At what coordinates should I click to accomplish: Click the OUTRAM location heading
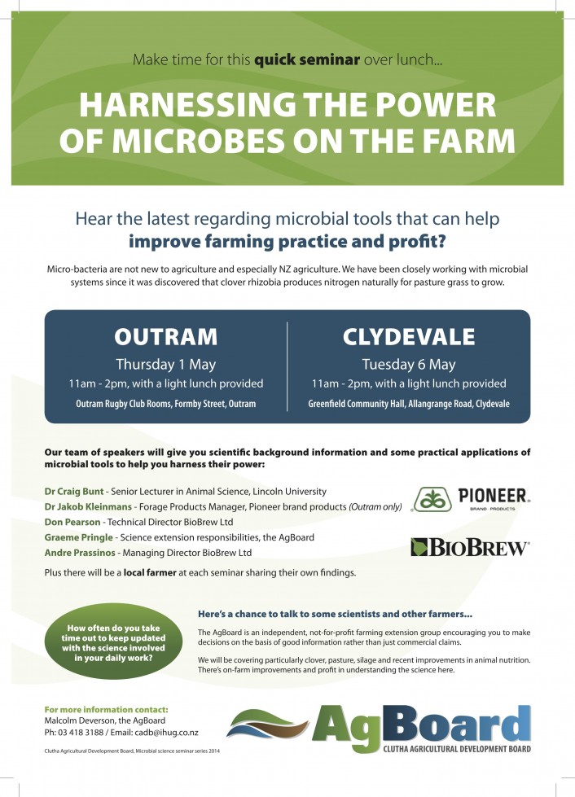click(x=165, y=337)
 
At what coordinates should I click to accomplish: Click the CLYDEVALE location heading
click(x=409, y=337)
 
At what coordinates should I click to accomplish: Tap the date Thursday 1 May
click(x=165, y=365)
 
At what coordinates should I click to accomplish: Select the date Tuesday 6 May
click(x=409, y=365)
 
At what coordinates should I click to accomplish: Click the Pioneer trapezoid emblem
click(x=432, y=499)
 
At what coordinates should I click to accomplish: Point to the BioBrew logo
click(x=470, y=547)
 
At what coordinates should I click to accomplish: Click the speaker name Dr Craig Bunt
click(x=74, y=492)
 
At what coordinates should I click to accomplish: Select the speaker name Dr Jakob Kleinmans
click(x=88, y=506)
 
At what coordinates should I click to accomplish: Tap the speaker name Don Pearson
click(x=72, y=522)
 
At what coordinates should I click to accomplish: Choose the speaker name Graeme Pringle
click(x=78, y=537)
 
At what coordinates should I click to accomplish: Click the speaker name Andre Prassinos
click(x=79, y=553)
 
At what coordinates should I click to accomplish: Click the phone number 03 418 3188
click(x=81, y=733)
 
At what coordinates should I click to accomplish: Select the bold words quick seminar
click(x=306, y=60)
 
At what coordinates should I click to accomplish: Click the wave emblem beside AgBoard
click(x=267, y=724)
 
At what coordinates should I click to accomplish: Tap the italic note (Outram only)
click(x=375, y=506)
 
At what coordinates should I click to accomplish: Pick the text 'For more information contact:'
click(x=106, y=710)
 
